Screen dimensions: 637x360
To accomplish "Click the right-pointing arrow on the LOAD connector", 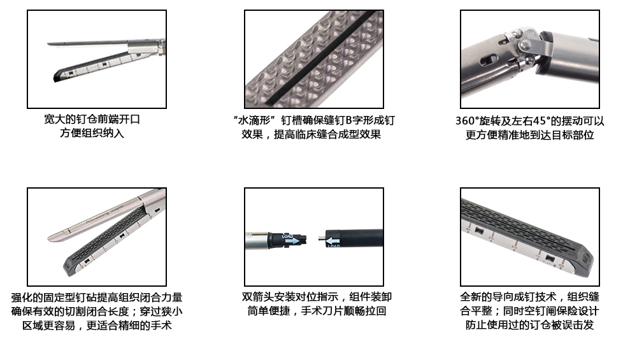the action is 292,241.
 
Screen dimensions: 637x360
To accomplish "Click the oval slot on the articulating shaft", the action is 487,61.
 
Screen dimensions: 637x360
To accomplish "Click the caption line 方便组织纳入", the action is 92,133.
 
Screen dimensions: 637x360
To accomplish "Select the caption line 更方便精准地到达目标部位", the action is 530,135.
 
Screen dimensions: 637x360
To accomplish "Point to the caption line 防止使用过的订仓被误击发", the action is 530,325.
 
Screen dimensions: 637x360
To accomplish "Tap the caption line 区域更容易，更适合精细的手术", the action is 97,326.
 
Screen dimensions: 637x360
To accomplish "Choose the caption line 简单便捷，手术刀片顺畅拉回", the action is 317,311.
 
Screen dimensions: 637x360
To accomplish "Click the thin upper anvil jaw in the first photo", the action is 88,43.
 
